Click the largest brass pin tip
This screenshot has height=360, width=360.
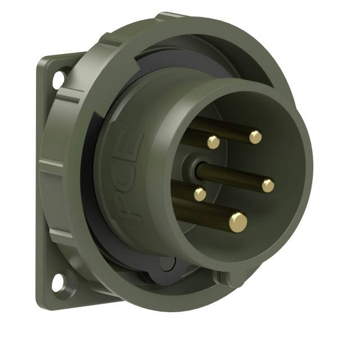tap(238, 221)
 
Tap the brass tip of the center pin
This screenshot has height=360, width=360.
tap(268, 185)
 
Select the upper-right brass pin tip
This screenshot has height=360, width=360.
tap(255, 136)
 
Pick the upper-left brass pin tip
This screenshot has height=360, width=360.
tap(213, 142)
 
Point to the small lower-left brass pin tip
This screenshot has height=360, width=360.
tap(200, 194)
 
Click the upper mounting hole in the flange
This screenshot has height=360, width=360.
tap(58, 79)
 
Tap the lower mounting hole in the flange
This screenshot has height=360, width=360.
tap(58, 283)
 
